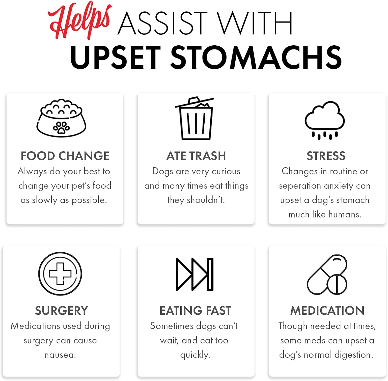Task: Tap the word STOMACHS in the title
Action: tap(256, 57)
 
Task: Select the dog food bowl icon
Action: tap(61, 118)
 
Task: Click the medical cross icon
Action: tap(60, 274)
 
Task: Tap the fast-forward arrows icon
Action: tap(195, 274)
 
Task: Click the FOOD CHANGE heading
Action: tap(65, 156)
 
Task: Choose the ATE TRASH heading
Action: tap(196, 156)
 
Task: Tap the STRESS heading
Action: tap(326, 156)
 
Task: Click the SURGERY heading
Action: tap(62, 311)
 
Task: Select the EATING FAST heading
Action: tap(195, 311)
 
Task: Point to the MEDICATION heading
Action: tap(327, 311)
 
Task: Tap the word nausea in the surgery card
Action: tap(60, 355)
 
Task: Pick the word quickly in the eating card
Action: tap(195, 355)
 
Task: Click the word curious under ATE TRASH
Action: tap(226, 171)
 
